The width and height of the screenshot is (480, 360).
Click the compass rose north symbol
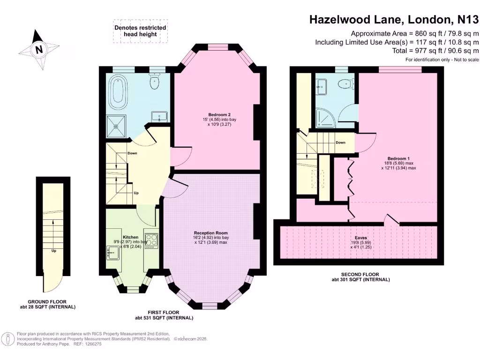39,49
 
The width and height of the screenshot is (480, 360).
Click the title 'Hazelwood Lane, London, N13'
394,19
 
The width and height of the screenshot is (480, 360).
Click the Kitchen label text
130,237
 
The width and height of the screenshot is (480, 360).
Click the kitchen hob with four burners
151,240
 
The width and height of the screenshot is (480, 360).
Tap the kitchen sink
112,254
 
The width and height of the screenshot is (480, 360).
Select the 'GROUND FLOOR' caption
47,302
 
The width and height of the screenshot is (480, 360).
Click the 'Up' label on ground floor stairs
54,251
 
